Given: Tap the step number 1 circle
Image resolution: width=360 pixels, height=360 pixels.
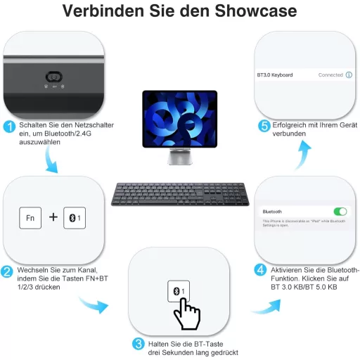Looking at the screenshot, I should tap(10, 127).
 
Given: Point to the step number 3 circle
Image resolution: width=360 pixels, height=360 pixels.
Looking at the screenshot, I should tap(139, 344).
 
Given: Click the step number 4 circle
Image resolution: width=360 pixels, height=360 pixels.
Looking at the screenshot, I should tap(259, 270).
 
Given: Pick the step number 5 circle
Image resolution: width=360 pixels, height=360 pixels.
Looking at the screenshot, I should tap(264, 126).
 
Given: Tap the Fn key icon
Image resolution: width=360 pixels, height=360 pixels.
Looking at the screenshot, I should tap(30, 218).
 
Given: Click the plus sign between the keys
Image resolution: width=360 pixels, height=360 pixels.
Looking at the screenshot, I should tap(53, 218).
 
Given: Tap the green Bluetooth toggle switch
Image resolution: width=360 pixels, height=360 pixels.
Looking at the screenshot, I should tap(340, 211).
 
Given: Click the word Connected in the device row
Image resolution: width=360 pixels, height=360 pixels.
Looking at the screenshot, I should tap(330, 75).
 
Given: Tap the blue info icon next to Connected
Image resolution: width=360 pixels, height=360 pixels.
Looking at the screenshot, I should tap(349, 75).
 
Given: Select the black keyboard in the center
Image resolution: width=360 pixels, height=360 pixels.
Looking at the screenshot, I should tap(181, 194).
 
